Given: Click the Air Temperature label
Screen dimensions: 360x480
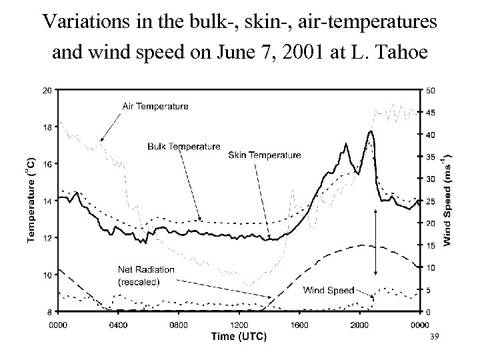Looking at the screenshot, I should pos(155,106).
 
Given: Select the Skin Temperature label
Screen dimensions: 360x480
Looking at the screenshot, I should pos(264,155).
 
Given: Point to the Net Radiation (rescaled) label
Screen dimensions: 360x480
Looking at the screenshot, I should pos(146,275).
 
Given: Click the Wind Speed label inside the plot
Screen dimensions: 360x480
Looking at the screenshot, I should pos(329,290).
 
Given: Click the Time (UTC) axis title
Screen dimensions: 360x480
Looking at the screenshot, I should pos(239,337).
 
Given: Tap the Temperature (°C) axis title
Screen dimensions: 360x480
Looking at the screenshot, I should pos(30,200).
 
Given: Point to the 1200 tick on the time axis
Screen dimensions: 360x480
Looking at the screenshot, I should pos(239,325).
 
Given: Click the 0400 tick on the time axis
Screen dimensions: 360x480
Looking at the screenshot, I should pos(118,325).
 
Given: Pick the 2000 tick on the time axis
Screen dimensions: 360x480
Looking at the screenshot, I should pos(359,325).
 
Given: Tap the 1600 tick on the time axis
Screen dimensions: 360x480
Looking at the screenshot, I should pos(299,325).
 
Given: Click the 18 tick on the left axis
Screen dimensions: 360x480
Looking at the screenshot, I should pos(46,127).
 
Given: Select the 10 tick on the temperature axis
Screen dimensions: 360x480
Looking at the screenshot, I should pos(46,275).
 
